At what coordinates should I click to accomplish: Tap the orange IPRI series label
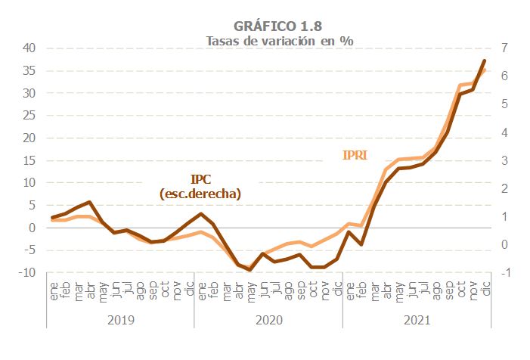pos(355,156)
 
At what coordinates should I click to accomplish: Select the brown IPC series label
pos(200,180)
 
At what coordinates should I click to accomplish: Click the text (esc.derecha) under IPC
pos(200,194)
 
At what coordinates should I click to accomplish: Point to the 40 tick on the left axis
pos(29,48)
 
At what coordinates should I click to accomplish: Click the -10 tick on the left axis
pos(27,272)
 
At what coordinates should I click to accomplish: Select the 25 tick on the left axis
pos(29,115)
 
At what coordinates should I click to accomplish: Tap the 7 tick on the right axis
pos(504,48)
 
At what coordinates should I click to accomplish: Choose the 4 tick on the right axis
pos(504,132)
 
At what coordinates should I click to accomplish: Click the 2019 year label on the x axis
pos(120,320)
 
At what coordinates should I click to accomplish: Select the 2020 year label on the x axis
pos(268,320)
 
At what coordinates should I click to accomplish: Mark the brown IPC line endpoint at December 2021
pos(484,61)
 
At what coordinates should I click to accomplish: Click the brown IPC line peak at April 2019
pos(90,202)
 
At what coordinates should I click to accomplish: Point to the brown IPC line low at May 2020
pos(250,270)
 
